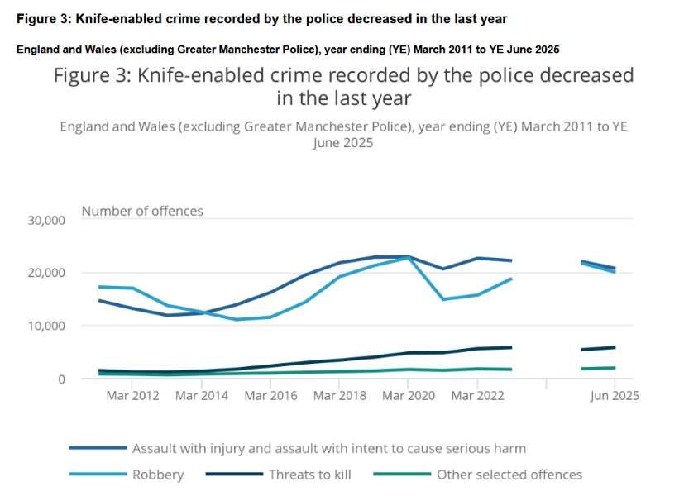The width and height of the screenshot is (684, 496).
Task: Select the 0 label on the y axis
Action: [x=61, y=379]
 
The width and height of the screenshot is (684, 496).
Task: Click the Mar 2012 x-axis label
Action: [x=132, y=396]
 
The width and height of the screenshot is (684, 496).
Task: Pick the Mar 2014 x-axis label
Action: [x=201, y=396]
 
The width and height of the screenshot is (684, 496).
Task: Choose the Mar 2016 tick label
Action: [x=270, y=396]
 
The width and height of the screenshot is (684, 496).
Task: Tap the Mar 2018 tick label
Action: [x=339, y=396]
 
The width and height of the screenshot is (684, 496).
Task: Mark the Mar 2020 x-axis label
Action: [x=408, y=396]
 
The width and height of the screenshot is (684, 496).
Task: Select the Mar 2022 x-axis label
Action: [x=476, y=396]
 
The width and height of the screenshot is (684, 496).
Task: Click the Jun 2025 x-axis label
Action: [x=614, y=396]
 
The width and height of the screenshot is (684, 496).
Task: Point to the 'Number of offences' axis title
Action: [x=142, y=211]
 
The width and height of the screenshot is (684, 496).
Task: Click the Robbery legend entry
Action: [x=157, y=475]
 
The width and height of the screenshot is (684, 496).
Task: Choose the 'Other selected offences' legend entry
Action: [x=509, y=475]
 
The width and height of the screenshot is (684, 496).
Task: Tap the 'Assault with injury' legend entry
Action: [x=328, y=448]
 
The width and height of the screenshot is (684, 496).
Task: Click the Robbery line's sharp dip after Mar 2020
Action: [x=443, y=299]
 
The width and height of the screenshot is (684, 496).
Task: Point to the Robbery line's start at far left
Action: [x=99, y=287]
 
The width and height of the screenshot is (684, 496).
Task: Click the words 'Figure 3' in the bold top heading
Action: [x=39, y=19]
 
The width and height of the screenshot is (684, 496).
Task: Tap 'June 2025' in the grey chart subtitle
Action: [x=343, y=142]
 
